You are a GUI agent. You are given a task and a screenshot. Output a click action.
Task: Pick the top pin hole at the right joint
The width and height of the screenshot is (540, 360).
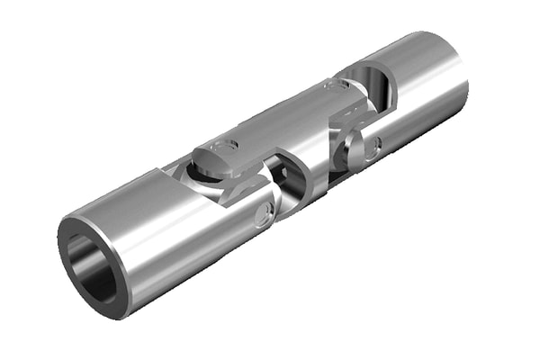[x=334, y=86]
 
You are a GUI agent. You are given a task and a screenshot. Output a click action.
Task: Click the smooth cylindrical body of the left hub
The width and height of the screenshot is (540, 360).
[x=153, y=243]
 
